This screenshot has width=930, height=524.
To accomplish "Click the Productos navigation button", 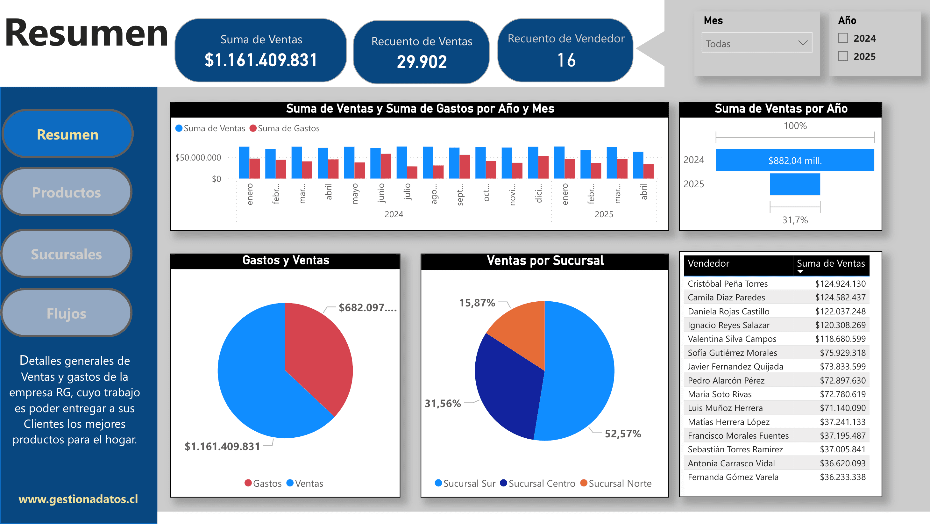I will (x=67, y=192).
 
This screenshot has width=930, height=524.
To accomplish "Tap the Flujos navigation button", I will (x=67, y=313).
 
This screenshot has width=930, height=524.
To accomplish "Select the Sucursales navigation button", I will (x=67, y=254).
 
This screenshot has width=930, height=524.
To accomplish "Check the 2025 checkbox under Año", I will (x=843, y=56).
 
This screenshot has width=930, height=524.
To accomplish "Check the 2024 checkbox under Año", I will (x=843, y=38).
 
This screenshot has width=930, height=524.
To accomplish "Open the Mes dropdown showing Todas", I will (x=757, y=43).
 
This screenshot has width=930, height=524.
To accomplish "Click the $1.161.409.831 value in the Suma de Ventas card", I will (x=261, y=60).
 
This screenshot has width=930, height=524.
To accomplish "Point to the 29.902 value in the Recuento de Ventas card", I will (x=422, y=62).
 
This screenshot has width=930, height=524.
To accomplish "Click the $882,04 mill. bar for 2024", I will (x=795, y=160).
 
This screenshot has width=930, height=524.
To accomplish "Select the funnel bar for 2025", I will (x=795, y=184).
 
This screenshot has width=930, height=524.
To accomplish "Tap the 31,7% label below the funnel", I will (x=795, y=220).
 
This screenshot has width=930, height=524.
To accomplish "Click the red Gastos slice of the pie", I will (x=318, y=350).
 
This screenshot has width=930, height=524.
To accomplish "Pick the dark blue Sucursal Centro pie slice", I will (x=506, y=390).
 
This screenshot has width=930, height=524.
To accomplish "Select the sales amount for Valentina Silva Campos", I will (x=840, y=339).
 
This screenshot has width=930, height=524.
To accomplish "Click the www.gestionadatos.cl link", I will (x=78, y=499).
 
